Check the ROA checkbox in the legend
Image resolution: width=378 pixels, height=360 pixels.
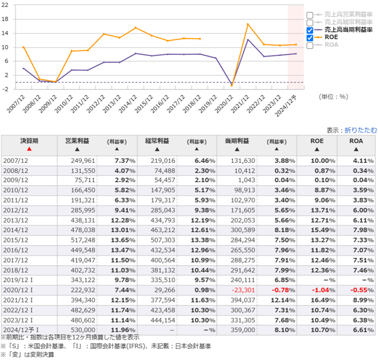coord(310,46)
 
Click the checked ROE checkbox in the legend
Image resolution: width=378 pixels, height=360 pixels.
coord(310,38)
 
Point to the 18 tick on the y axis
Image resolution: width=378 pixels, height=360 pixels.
coord(6,19)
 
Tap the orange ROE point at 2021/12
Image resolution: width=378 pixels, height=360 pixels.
coord(248,24)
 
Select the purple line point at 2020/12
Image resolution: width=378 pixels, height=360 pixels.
coord(231,85)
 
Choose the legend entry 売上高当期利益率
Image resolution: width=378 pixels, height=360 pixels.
coord(344,31)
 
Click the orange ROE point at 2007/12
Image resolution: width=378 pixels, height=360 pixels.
coord(23,47)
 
